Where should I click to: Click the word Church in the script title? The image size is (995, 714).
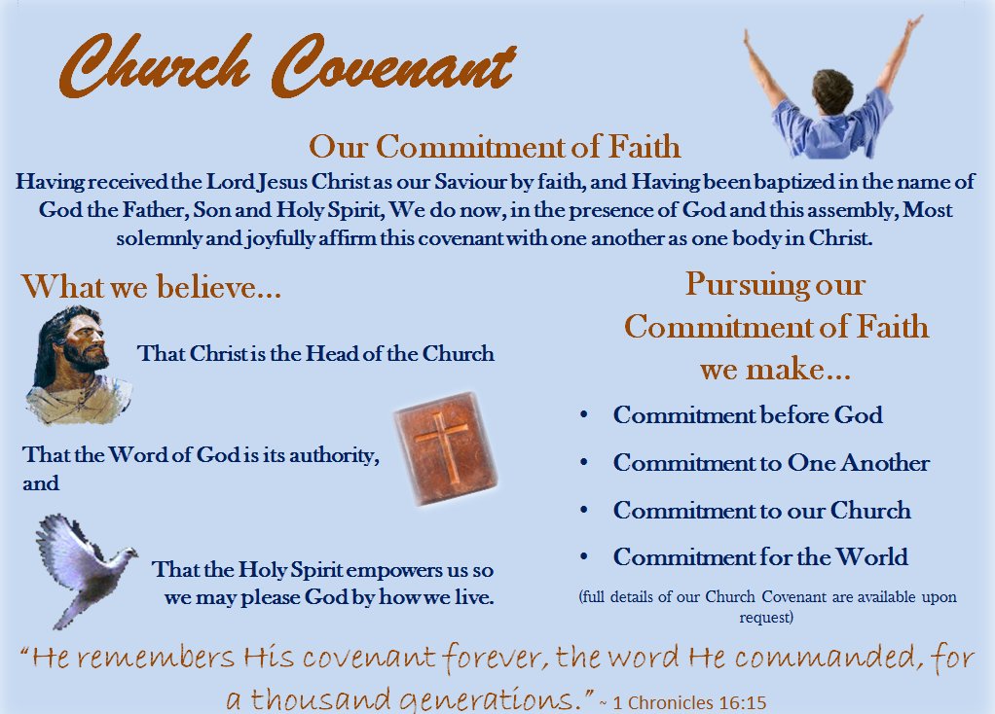pyautogui.click(x=155, y=65)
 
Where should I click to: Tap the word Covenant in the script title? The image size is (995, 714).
pyautogui.click(x=393, y=65)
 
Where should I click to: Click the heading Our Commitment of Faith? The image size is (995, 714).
pyautogui.click(x=495, y=147)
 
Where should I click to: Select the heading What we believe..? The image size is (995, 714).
pyautogui.click(x=151, y=287)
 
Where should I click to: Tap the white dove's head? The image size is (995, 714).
pyautogui.click(x=128, y=553)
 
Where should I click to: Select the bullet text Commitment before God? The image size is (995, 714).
pyautogui.click(x=748, y=414)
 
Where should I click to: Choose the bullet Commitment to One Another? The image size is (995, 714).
pyautogui.click(x=771, y=463)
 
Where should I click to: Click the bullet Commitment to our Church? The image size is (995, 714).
pyautogui.click(x=761, y=510)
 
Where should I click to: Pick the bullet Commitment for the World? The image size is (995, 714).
pyautogui.click(x=760, y=556)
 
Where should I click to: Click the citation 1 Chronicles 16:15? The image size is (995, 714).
pyautogui.click(x=689, y=702)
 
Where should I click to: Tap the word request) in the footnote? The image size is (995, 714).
pyautogui.click(x=766, y=617)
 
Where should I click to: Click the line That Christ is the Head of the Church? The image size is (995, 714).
pyautogui.click(x=315, y=353)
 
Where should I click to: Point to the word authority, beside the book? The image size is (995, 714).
pyautogui.click(x=334, y=456)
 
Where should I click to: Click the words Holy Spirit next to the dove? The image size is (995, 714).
pyautogui.click(x=290, y=569)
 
